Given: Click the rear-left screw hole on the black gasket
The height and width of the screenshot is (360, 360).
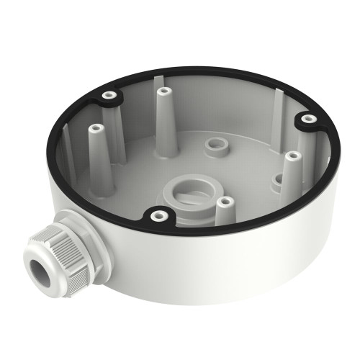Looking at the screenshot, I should tap(109, 94).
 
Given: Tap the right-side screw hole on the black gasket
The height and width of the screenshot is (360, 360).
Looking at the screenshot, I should tap(308, 118).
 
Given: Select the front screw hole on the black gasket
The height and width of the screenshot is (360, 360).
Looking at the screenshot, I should tap(156, 214).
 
